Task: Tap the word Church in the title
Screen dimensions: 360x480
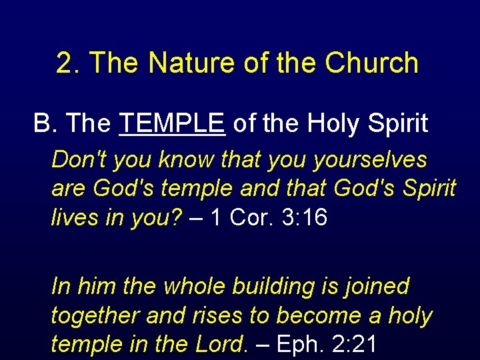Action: pos(372,63)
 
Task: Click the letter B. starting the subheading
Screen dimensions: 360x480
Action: pos(45,123)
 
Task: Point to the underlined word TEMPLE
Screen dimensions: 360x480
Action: pos(172,123)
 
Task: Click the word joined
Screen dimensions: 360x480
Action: pos(377,287)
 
